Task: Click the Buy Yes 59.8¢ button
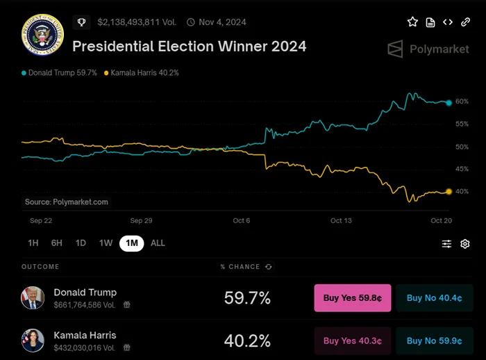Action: (353, 298)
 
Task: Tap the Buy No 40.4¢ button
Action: (435, 298)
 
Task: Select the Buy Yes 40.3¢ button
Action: (353, 341)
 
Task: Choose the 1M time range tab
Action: (131, 243)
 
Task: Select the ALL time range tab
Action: (158, 243)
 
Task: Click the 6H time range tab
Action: (57, 243)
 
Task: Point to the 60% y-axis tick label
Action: (462, 102)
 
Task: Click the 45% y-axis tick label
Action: (462, 169)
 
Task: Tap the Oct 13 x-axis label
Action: (341, 220)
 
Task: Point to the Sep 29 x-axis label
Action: (141, 220)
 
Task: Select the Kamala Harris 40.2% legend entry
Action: (142, 73)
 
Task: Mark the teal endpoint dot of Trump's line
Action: (449, 102)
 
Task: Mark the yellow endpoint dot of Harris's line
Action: (449, 191)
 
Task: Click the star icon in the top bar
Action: (412, 22)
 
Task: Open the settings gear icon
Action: (465, 244)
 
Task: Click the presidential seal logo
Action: (42, 35)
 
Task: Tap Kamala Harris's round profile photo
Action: (33, 340)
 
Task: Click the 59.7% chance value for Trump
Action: (247, 298)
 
